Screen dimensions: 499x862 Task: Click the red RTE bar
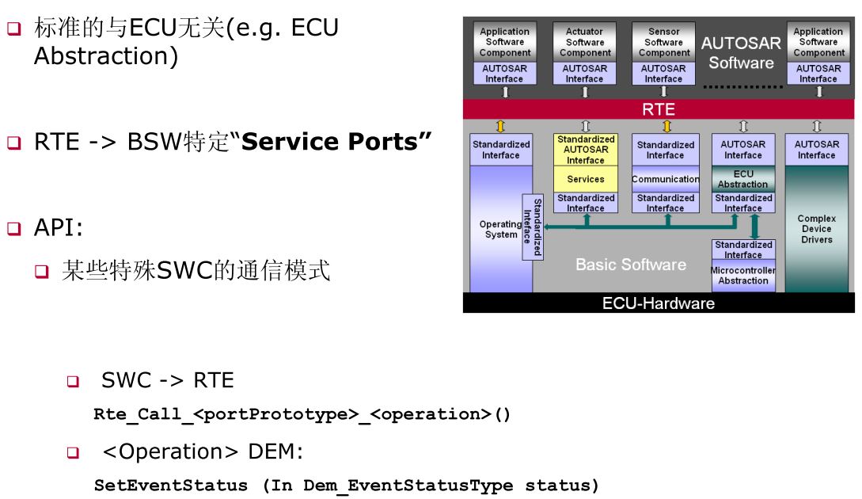pyautogui.click(x=658, y=109)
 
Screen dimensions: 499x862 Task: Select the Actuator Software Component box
pyautogui.click(x=584, y=43)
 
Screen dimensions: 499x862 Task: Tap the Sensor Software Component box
pyautogui.click(x=663, y=43)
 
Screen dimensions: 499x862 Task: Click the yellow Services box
pyautogui.click(x=585, y=179)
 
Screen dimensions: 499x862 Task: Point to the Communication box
pyautogui.click(x=665, y=179)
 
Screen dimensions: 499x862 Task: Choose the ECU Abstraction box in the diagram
pyautogui.click(x=742, y=179)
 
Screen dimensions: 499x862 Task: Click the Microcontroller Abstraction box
pyautogui.click(x=742, y=276)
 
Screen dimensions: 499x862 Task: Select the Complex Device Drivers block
pyautogui.click(x=816, y=229)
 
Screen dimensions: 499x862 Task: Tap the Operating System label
pyautogui.click(x=500, y=230)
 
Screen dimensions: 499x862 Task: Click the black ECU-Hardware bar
pyautogui.click(x=658, y=303)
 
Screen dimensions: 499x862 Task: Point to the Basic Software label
pyautogui.click(x=630, y=265)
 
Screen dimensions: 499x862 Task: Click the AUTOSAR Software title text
pyautogui.click(x=741, y=53)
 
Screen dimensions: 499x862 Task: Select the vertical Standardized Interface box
pyautogui.click(x=532, y=227)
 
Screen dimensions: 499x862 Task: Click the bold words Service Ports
pyautogui.click(x=336, y=142)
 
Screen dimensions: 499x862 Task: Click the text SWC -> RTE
pyautogui.click(x=167, y=380)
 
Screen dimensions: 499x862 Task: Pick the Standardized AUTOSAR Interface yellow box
pyautogui.click(x=585, y=150)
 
